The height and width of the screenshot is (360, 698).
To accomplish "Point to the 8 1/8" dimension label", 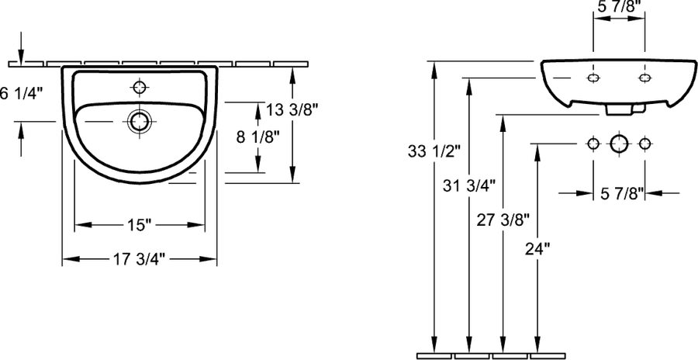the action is pos(258,138).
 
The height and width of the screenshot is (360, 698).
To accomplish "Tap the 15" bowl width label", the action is pos(139,226).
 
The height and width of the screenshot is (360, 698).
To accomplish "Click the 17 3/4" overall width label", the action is pos(140,258).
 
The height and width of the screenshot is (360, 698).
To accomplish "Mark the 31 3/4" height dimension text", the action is pos(469,185).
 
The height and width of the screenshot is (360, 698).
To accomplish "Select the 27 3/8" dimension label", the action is pos(503,220).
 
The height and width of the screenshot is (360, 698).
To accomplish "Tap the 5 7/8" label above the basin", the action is pos(619,7).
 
